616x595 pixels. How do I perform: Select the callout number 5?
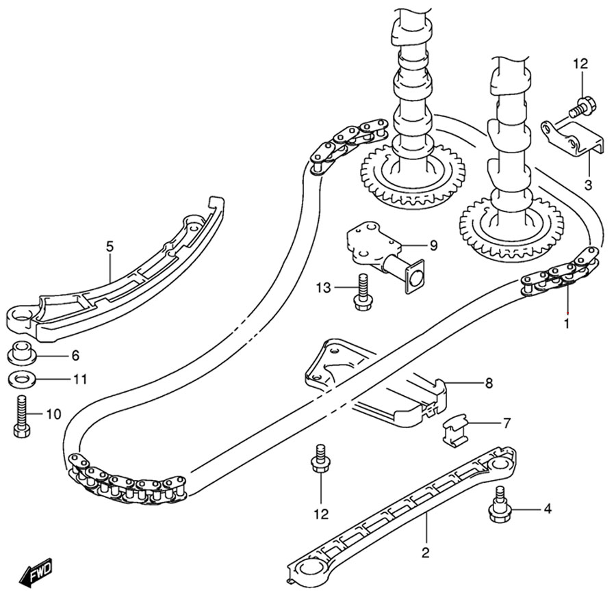(109, 246)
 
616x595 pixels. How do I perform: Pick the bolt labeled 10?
(19, 415)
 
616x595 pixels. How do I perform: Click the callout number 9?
(433, 244)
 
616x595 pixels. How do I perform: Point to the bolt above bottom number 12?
(320, 460)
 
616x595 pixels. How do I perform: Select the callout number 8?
(489, 384)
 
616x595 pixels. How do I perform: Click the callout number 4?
(547, 509)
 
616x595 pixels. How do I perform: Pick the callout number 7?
(506, 423)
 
